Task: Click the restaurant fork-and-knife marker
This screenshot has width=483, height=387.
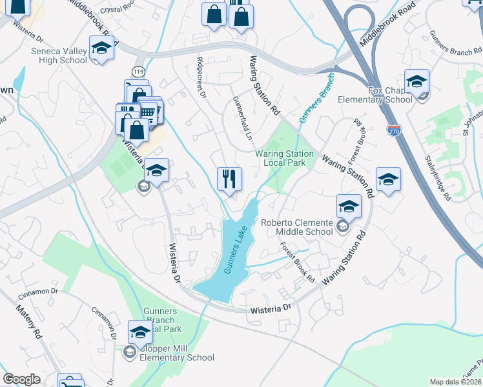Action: [x=229, y=178]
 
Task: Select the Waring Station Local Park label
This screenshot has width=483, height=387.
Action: [x=284, y=158]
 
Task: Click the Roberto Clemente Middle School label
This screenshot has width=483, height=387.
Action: [x=297, y=227]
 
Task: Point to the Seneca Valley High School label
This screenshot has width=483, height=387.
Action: [x=58, y=56]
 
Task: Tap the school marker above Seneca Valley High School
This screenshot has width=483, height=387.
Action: [x=102, y=48]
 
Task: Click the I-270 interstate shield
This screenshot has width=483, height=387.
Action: [x=393, y=130]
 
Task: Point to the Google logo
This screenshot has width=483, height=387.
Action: [x=22, y=379]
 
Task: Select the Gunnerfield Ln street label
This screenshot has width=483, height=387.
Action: [x=241, y=119]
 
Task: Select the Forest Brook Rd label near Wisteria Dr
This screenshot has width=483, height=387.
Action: [x=297, y=263]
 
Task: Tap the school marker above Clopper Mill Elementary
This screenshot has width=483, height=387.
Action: [x=140, y=332]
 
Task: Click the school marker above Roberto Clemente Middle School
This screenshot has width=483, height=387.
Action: [x=349, y=206]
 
